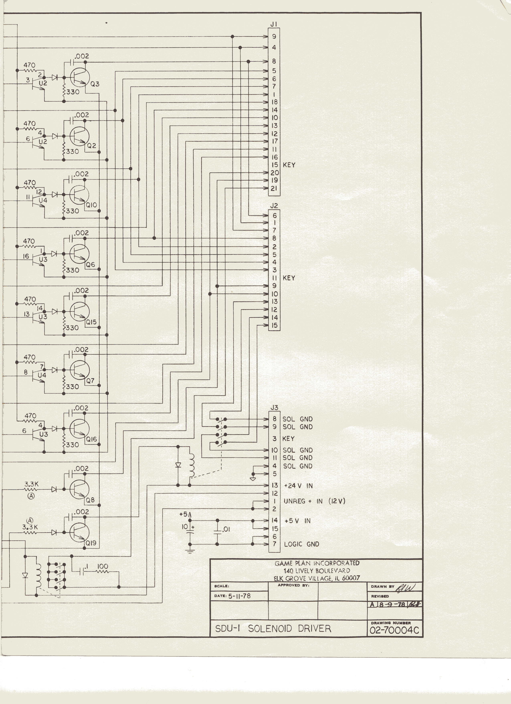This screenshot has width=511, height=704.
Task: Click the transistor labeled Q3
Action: click(79, 77)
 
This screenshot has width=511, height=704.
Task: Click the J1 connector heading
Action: click(274, 24)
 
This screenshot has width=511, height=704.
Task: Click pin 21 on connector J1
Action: click(274, 188)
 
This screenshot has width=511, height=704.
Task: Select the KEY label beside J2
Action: click(289, 278)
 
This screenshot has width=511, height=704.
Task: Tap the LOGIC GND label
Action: click(301, 544)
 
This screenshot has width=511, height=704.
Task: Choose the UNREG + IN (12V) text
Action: click(314, 501)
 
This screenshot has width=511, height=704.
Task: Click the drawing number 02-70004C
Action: click(394, 630)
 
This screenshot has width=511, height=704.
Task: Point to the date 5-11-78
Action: click(239, 596)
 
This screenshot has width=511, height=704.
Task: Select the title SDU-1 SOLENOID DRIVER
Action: click(273, 629)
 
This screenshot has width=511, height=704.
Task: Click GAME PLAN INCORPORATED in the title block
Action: click(317, 563)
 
